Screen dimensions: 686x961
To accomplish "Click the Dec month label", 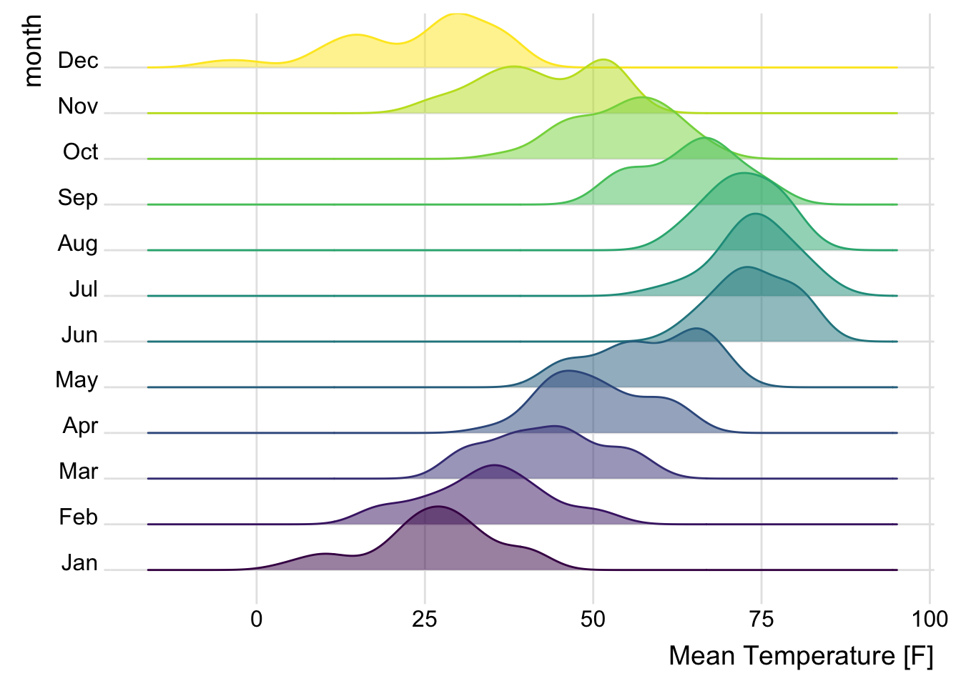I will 78,61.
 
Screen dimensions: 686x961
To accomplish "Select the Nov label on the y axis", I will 78,106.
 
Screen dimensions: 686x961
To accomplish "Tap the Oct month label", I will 80,152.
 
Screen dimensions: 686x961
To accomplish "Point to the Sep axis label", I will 78,198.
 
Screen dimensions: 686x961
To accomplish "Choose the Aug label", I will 78,244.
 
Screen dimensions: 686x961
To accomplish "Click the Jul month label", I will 83,289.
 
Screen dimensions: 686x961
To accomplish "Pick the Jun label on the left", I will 79,335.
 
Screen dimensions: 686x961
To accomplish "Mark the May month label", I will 77,380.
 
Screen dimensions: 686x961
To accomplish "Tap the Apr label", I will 80,426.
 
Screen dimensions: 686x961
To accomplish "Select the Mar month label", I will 79,472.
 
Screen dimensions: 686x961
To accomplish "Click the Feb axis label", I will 78,517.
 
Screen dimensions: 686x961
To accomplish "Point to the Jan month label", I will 79,563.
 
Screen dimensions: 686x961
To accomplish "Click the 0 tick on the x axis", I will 257,620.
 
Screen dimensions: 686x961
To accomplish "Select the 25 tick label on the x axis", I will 425,620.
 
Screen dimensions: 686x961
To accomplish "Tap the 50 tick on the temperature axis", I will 593,620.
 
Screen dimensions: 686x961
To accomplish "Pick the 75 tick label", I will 761,620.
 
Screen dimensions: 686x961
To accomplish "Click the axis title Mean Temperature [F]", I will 801,656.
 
